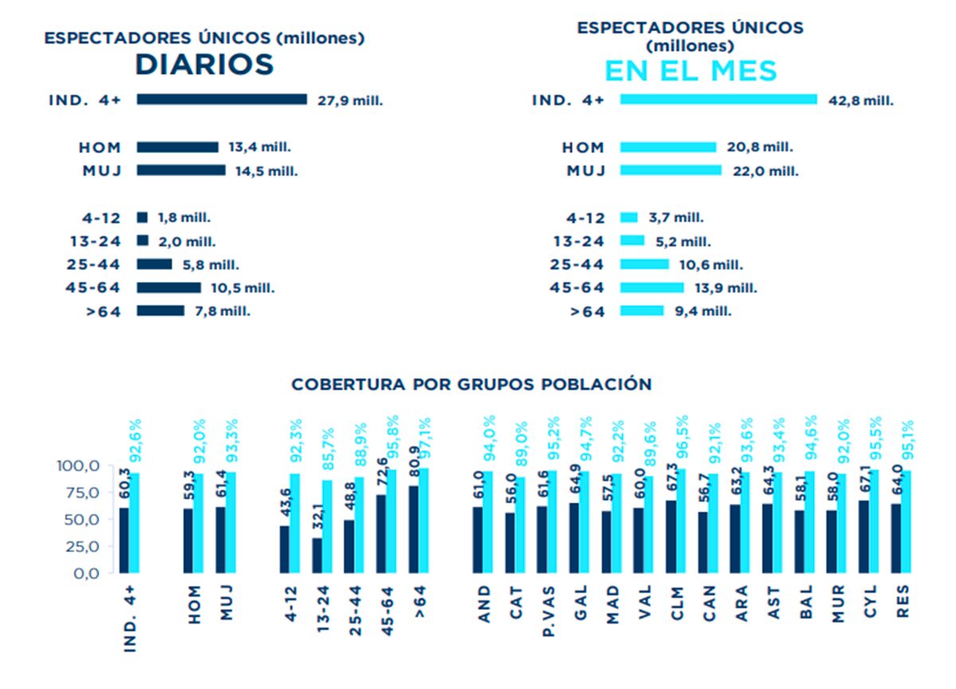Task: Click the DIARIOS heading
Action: click(205, 65)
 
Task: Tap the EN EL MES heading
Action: click(691, 71)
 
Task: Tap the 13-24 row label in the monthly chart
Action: click(579, 241)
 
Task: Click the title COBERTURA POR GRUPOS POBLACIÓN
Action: click(472, 384)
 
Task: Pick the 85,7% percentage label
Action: click(329, 450)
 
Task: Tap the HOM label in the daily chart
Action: click(100, 147)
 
